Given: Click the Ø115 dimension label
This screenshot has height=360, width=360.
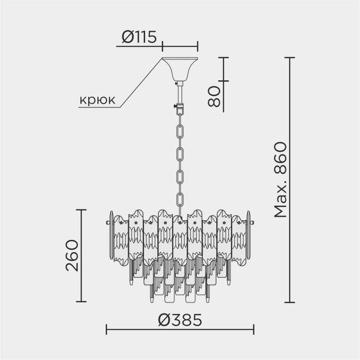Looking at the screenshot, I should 139,37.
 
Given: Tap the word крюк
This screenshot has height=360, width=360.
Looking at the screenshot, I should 97,100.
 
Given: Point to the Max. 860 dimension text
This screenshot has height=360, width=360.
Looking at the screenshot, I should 280,180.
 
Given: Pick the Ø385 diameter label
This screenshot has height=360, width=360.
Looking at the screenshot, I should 180,320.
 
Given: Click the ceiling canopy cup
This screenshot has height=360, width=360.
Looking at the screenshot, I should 180,68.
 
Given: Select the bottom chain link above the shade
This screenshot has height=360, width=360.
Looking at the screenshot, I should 180,200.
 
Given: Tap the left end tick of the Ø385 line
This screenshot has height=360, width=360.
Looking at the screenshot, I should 107,329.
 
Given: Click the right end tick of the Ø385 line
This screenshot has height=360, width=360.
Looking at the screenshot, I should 254,329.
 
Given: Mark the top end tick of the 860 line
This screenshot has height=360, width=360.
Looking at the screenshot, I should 289,57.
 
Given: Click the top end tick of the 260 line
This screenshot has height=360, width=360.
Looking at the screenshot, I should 81,210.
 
